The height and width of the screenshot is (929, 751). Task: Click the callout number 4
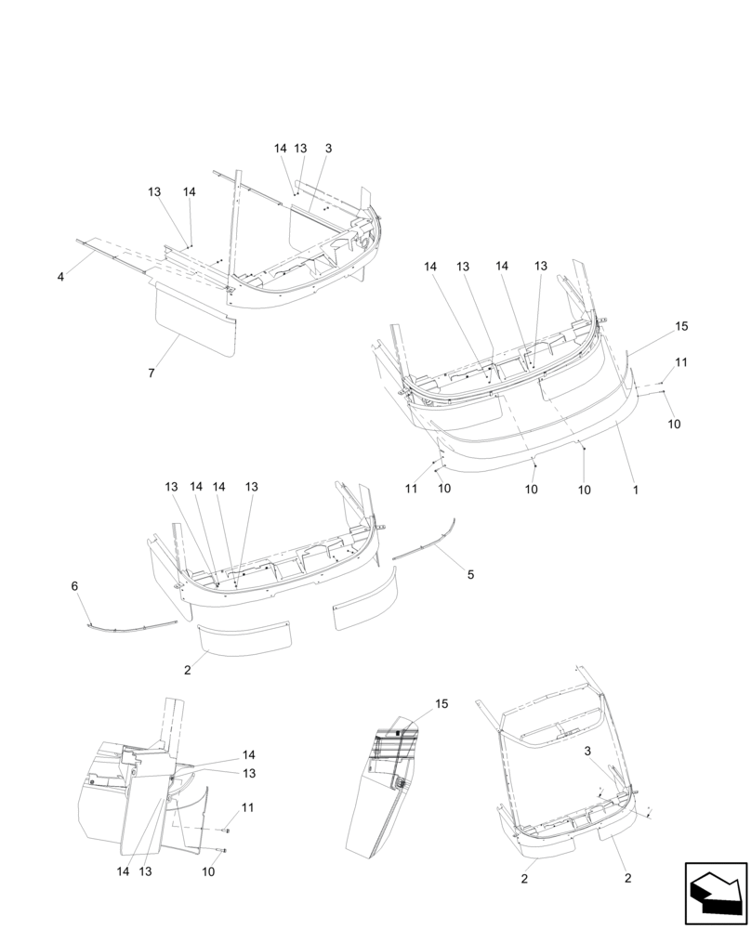(60, 277)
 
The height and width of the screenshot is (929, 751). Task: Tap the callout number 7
(152, 373)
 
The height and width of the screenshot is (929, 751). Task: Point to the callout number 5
(470, 575)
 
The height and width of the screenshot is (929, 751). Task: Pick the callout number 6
(74, 585)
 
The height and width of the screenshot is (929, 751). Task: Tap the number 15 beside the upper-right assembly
(681, 327)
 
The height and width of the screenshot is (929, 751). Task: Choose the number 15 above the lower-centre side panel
(441, 704)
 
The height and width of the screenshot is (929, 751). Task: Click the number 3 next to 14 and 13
(328, 149)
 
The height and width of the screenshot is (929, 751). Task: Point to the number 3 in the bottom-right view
(587, 750)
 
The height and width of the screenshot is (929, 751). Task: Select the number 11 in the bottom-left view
(247, 808)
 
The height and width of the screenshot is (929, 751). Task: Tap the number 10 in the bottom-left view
(208, 871)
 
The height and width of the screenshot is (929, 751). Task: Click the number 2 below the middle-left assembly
(188, 669)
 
